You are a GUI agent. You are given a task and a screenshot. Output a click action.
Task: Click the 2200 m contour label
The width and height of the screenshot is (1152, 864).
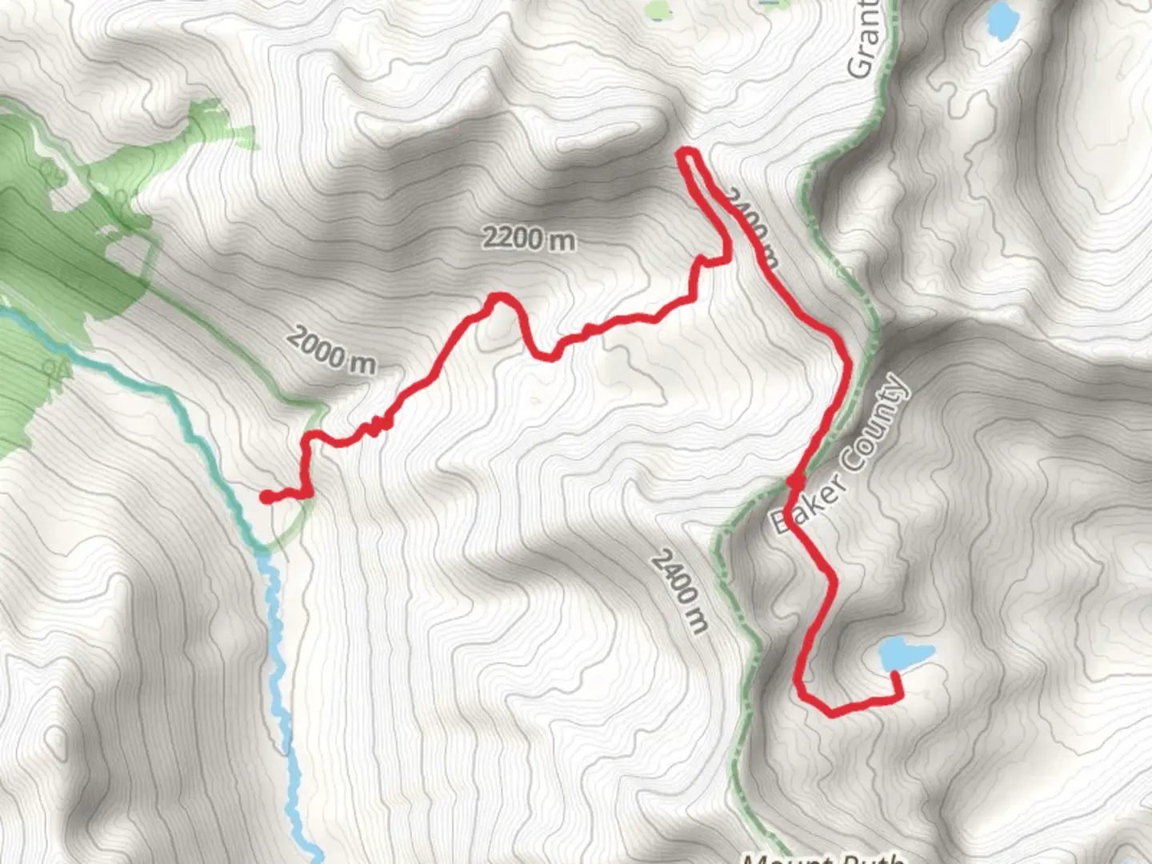[528, 238]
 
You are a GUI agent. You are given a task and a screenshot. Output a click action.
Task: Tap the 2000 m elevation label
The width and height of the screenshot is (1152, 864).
[331, 350]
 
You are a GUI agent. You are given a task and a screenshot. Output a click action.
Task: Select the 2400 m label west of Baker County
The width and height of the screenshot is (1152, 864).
[679, 591]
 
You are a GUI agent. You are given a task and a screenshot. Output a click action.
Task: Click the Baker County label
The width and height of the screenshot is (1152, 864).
[840, 454]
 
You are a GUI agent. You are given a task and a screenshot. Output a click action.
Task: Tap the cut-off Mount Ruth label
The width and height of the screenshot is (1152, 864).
[824, 858]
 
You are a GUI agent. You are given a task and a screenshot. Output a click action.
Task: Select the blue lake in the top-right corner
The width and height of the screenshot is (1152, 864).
[1001, 19]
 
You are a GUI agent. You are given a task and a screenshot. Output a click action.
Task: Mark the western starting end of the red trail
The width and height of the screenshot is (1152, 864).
[266, 497]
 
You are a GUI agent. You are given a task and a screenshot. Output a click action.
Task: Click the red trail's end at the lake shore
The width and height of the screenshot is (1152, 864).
[894, 676]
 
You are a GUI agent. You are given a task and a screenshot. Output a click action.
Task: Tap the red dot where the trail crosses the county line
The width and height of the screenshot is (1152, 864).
[795, 482]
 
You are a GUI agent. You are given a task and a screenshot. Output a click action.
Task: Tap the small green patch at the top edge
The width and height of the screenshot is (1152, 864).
[658, 10]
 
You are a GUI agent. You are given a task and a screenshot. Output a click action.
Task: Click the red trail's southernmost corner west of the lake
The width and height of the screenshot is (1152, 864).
[832, 711]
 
